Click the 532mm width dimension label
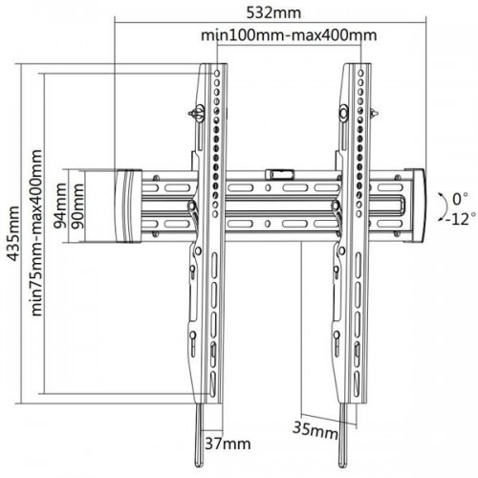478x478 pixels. coord(273,13)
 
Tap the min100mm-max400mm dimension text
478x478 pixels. coord(289,35)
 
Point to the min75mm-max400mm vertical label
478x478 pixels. coord(37,233)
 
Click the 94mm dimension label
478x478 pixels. coord(60,206)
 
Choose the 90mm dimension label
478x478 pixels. coord(77,206)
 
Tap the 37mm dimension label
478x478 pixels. coord(228,444)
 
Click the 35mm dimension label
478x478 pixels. coord(315,429)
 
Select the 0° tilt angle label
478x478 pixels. coord(460,200)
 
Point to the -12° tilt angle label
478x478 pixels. coord(461,219)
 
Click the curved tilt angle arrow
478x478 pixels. coord(445,206)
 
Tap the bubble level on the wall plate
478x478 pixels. coord(279,174)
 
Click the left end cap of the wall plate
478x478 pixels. coord(128,206)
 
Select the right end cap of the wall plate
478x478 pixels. coord(415,206)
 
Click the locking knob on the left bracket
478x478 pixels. coord(198,113)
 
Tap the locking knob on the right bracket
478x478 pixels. coord(345,113)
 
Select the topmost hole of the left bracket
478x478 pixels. coord(217,74)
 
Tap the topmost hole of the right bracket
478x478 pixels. coord(360,74)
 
